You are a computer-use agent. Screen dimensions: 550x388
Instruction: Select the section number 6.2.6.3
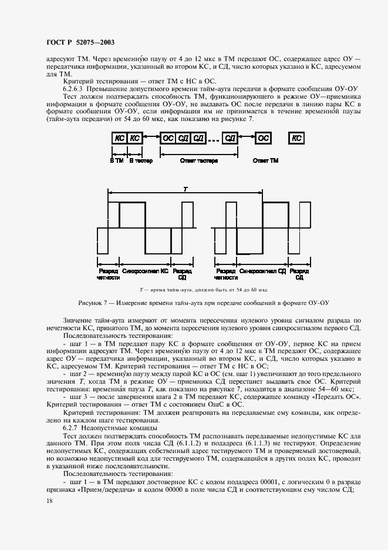tap(75, 87)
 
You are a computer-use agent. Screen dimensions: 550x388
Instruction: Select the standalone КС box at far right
tap(296, 138)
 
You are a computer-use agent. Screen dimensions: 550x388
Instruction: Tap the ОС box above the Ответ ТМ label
tap(264, 138)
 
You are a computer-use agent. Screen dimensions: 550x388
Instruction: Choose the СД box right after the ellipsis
tap(231, 138)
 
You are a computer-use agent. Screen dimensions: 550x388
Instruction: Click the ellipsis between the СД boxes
tap(214, 139)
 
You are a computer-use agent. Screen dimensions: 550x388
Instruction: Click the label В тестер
tap(140, 160)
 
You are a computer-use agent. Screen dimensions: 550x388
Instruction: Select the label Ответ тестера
tap(199, 160)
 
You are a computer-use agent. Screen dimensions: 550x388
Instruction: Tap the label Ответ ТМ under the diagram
tap(265, 160)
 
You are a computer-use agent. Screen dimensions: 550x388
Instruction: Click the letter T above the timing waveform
tap(185, 189)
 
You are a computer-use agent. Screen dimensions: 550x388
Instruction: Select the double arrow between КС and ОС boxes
tap(151, 139)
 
